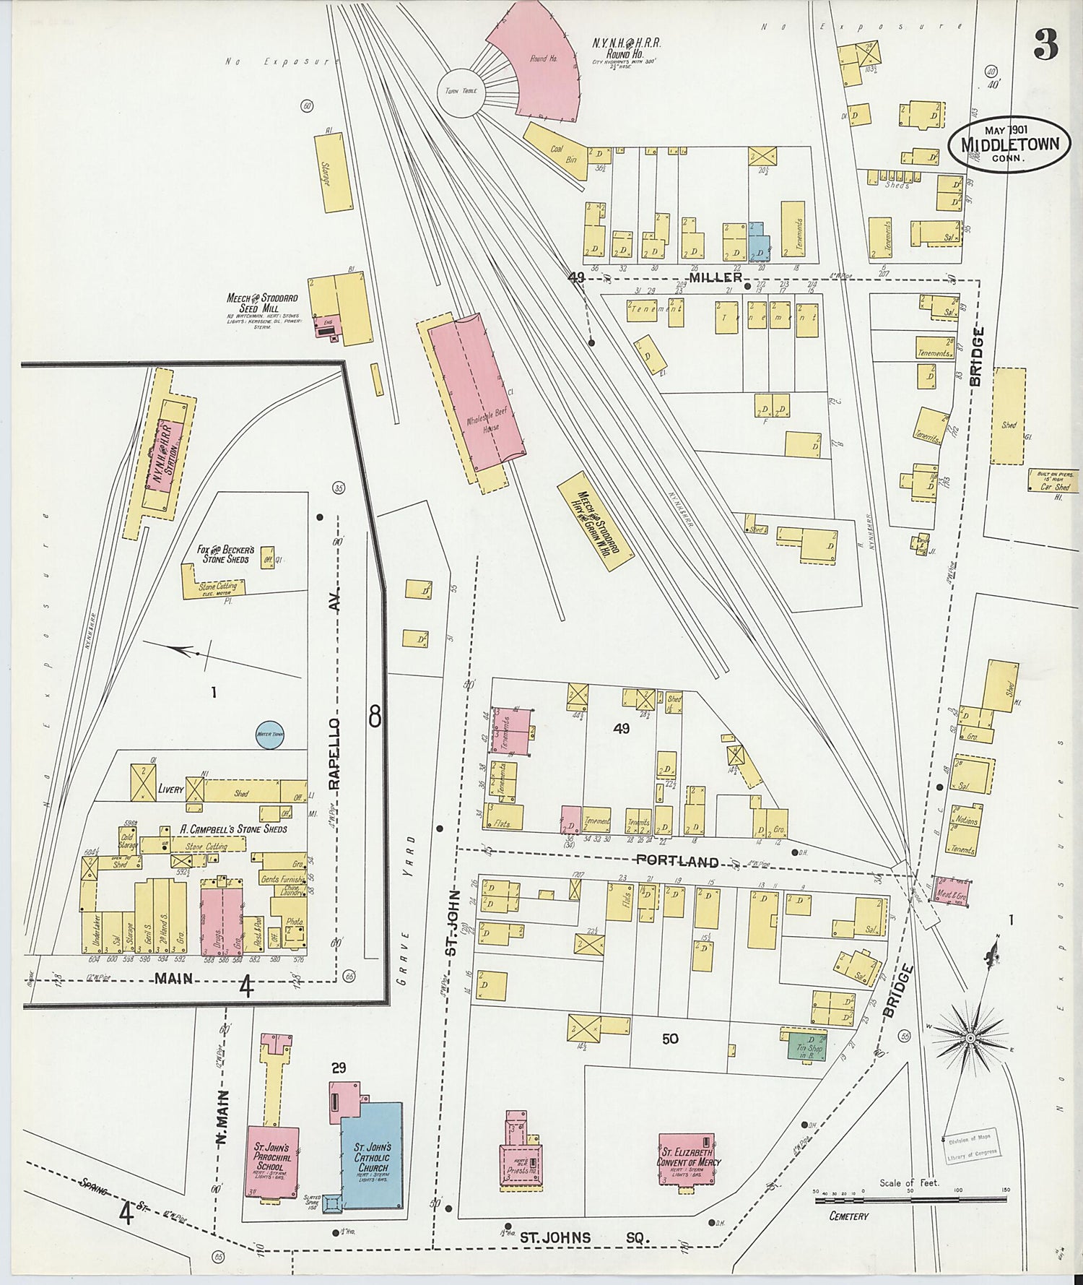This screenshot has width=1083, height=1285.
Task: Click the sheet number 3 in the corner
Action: click(x=1045, y=45)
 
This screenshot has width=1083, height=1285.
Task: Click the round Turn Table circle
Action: click(x=461, y=92)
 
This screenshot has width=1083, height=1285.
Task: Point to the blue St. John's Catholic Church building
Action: click(x=373, y=1155)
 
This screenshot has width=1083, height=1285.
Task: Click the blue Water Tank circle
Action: click(x=271, y=735)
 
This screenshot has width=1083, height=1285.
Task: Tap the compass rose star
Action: click(x=970, y=1038)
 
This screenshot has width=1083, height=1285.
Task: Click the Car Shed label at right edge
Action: click(x=1055, y=487)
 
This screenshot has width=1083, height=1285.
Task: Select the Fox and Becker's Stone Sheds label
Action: click(x=225, y=554)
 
